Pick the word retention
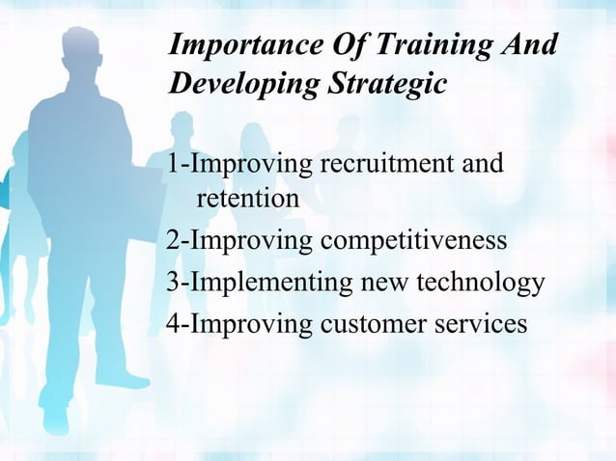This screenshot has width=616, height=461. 247,200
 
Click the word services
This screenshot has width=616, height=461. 482,322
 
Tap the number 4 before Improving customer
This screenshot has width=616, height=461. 173,322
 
